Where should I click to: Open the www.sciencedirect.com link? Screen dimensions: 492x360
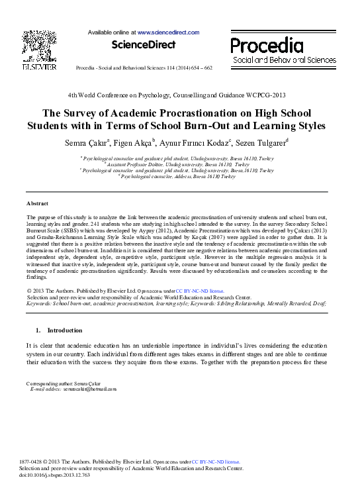pyautogui.click(x=168, y=32)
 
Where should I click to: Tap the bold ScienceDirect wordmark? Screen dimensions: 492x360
pyautogui.click(x=144, y=45)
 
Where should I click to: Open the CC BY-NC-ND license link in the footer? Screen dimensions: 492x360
pyautogui.click(x=216, y=462)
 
